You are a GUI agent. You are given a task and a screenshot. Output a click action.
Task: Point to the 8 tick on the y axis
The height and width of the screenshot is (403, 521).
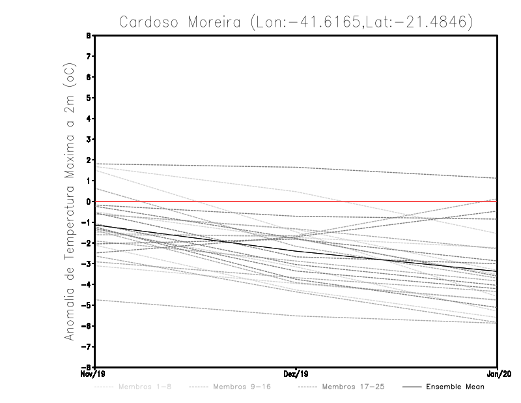coord(89,36)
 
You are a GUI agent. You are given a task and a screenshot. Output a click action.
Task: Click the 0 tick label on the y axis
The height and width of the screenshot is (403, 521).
coord(89,201)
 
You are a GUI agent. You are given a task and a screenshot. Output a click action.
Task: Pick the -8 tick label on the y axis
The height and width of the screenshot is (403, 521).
coord(86,367)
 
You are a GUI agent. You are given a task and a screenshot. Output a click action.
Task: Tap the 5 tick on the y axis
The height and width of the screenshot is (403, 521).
coord(89,98)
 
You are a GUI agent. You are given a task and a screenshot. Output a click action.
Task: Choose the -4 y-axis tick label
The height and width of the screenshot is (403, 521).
coord(86,284)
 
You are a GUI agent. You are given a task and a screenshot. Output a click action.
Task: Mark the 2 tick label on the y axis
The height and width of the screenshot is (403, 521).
coord(89,160)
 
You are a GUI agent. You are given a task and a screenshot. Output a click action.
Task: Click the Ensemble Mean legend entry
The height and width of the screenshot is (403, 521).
coord(455,387)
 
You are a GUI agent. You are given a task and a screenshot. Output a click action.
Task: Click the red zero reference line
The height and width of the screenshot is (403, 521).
coord(195,201)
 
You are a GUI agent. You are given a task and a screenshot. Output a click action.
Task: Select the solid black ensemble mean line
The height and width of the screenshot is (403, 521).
coord(195,239)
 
